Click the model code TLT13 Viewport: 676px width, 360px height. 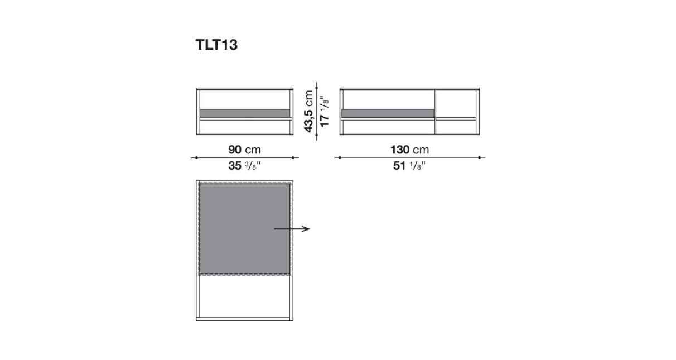pos(216,45)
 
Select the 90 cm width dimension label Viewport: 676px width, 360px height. pos(244,150)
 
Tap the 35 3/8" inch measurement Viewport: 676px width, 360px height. pos(244,166)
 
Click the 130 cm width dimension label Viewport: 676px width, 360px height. pos(409,150)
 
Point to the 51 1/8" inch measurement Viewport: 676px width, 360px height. pos(409,166)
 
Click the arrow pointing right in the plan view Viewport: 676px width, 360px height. pos(292,229)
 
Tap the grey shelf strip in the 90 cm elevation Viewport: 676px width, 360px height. pos(244,113)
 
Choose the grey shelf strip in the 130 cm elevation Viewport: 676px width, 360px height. pos(388,113)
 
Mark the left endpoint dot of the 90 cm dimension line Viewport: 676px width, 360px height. pos(196,157)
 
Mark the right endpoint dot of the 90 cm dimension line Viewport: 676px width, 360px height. pos(293,157)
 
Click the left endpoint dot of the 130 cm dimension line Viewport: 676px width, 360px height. pos(340,157)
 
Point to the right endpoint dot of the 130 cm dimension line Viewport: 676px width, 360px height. pos(479,157)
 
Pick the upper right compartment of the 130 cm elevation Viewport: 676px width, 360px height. pos(456,103)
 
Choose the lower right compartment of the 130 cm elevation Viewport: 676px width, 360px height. pos(456,127)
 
